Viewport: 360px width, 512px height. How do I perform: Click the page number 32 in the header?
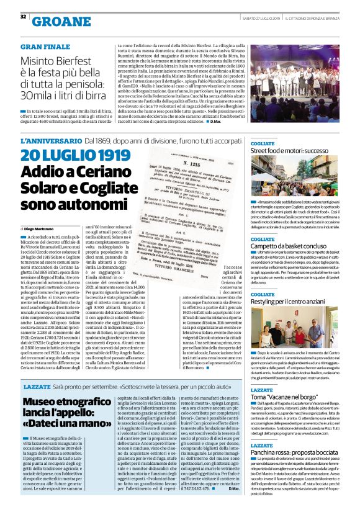23,16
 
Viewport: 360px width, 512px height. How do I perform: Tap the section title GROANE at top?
60,22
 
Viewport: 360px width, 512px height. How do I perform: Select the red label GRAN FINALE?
45,47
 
